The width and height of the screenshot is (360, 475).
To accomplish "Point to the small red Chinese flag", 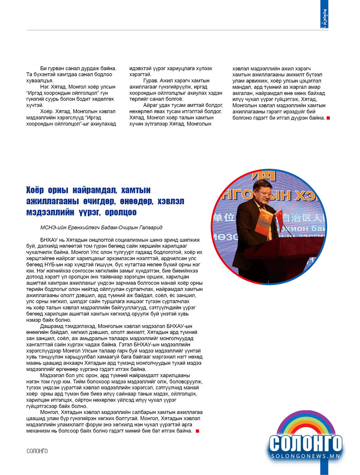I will click(x=278, y=217).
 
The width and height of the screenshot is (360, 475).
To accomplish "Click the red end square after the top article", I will click(x=328, y=118).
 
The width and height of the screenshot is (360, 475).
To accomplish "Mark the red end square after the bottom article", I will click(x=197, y=431).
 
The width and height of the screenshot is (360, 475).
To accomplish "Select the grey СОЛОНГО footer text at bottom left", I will click(x=37, y=451).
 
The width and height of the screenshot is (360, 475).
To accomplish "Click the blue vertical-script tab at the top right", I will click(x=324, y=14).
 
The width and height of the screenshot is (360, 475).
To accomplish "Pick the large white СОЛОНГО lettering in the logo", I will click(x=305, y=444).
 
